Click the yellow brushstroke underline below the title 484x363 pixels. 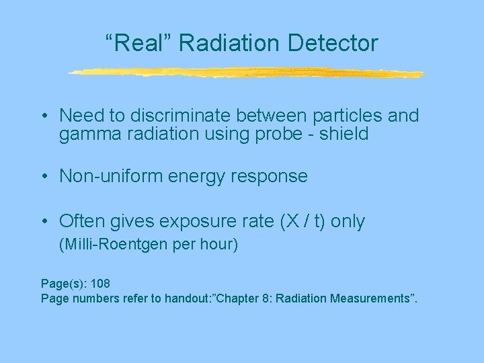[x=246, y=72]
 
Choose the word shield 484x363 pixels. [x=346, y=134]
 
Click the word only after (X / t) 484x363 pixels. [x=348, y=222]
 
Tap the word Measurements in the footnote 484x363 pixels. [x=372, y=298]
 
